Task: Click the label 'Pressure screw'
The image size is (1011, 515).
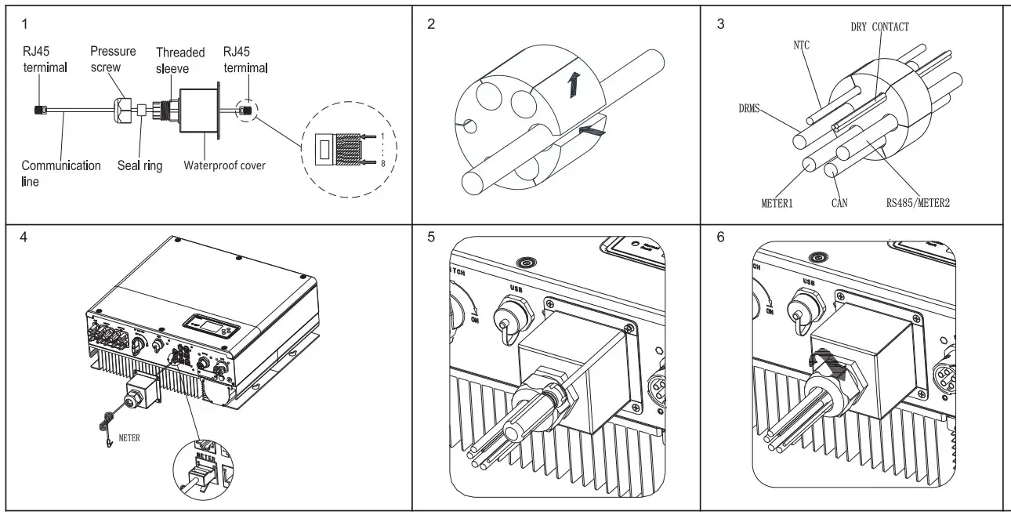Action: coord(113,59)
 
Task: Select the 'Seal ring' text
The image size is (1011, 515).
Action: coord(140,166)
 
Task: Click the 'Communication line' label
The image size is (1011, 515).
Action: coord(60,173)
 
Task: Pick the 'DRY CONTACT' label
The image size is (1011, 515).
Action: coord(879,27)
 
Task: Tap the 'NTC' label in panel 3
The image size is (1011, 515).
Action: coord(800,45)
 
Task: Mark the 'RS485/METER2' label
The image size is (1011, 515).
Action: coord(918,203)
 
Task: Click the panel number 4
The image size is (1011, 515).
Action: coord(23,236)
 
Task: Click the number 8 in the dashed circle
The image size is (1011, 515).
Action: coord(380,164)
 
